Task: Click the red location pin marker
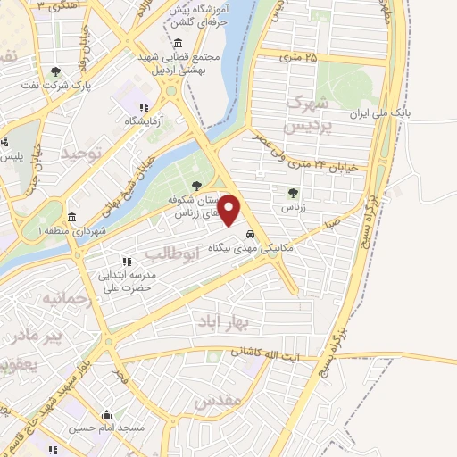point(230,212)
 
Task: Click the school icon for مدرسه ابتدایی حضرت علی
point(127,262)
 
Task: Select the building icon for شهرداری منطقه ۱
point(72,218)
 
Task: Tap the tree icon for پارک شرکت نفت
point(55,72)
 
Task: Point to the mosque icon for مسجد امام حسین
point(108,415)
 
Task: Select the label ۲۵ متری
point(298,58)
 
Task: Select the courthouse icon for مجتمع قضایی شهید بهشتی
point(179,45)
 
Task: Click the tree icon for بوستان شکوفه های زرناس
point(196,187)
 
